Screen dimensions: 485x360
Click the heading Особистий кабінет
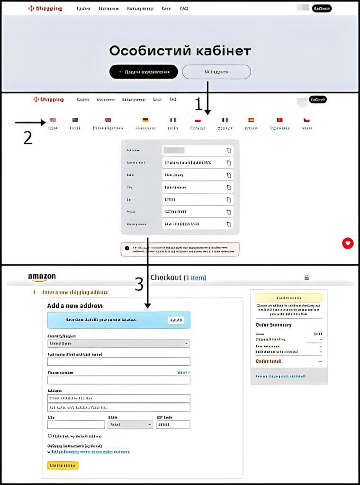click(180, 51)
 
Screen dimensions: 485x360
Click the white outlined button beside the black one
click(216, 72)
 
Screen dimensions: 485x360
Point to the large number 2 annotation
click(28, 137)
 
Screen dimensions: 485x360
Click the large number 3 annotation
click(139, 284)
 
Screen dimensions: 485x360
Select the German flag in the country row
click(145, 120)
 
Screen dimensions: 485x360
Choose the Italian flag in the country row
click(173, 120)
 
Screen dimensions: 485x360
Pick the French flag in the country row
click(225, 120)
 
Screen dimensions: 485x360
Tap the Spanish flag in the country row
click(251, 120)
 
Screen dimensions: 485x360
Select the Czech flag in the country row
click(306, 120)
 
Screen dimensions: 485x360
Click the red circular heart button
click(348, 243)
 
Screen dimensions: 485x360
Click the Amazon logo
click(42, 277)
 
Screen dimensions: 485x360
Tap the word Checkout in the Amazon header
click(166, 278)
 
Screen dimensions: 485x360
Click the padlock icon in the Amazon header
click(306, 278)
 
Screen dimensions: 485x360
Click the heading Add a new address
click(75, 306)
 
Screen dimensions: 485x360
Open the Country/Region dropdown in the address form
click(118, 343)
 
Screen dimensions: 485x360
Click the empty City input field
click(76, 425)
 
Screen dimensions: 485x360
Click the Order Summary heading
click(274, 325)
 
